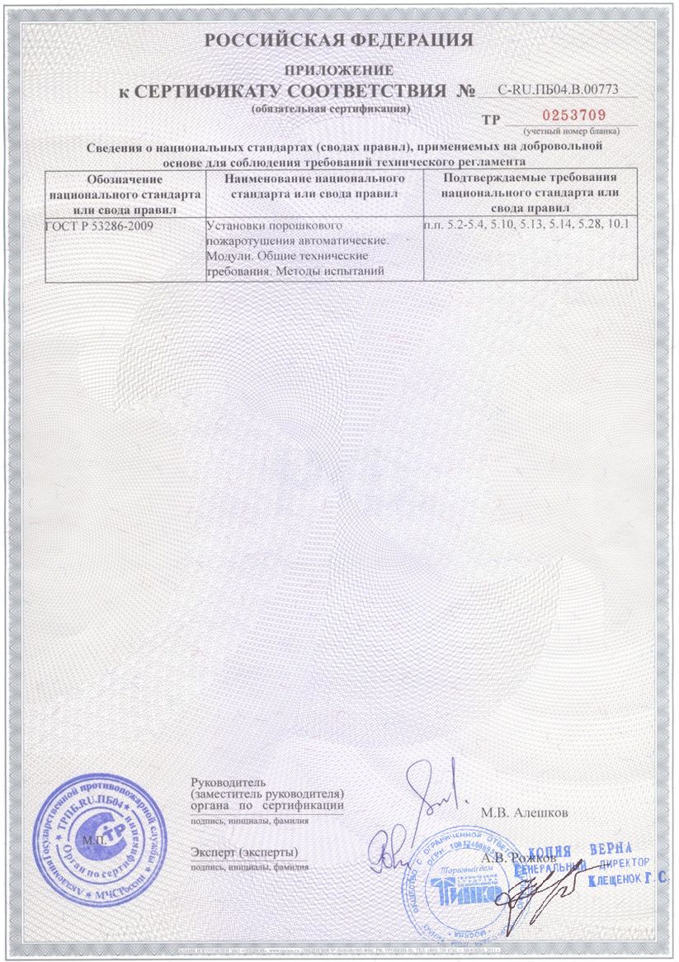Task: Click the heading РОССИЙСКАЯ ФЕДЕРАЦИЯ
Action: point(338,40)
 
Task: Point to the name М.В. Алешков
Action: point(525,812)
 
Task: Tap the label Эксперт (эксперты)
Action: point(244,851)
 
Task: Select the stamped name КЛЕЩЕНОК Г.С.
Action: point(627,881)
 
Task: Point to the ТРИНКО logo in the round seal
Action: point(454,892)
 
